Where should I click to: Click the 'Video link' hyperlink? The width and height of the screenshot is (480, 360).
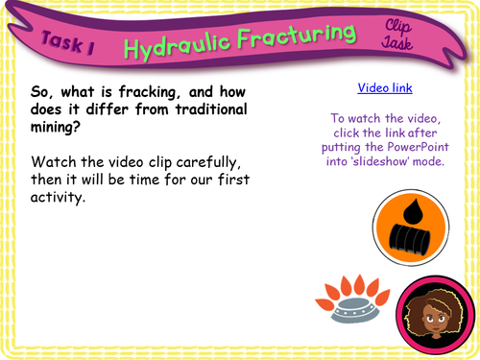click(x=385, y=87)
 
